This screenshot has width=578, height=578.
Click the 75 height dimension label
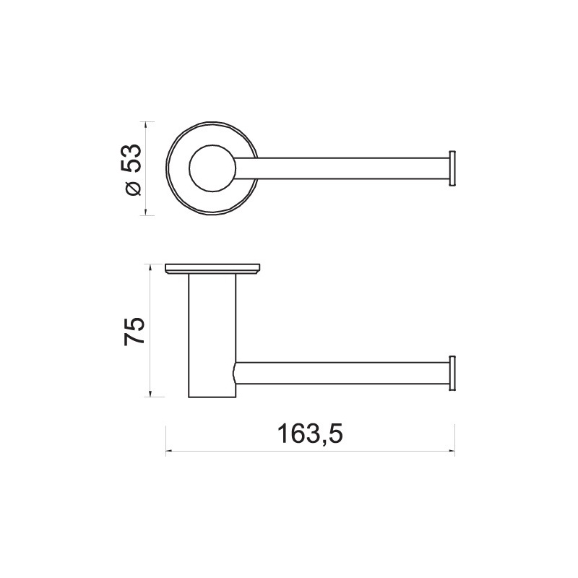[x=134, y=331]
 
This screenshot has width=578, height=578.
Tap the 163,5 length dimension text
[x=310, y=434]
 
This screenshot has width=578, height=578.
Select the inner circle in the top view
[x=212, y=168]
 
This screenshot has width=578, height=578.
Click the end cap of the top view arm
[x=452, y=168]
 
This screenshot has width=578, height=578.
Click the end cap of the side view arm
[x=452, y=373]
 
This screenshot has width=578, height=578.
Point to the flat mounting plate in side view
[x=212, y=269]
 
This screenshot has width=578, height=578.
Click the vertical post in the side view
[x=212, y=336]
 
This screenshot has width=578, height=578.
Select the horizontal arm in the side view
[x=341, y=373]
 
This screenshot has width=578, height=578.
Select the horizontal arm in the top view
[x=341, y=168]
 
